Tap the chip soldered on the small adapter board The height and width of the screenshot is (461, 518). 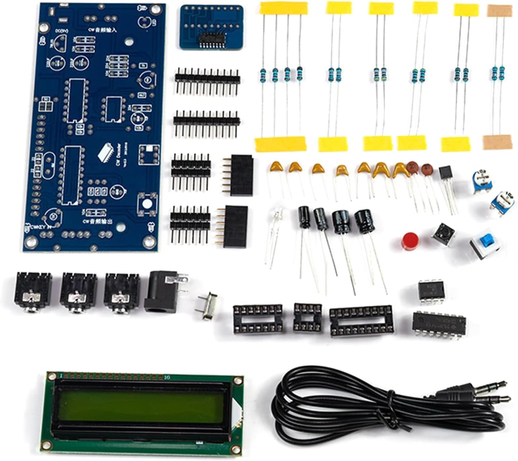click(x=211, y=38)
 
